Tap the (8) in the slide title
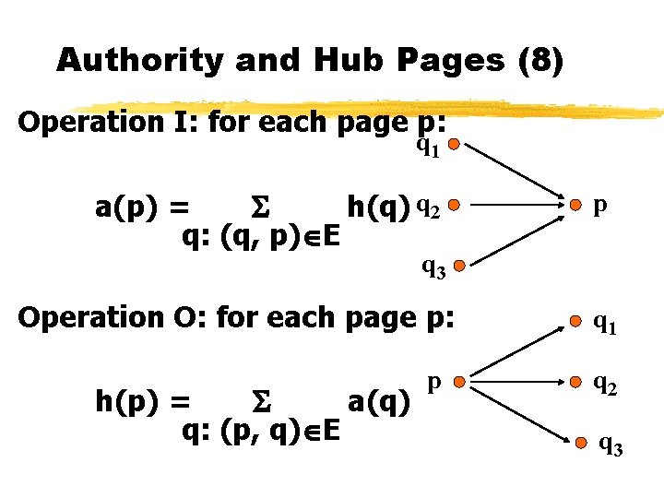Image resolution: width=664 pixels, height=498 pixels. pyautogui.click(x=541, y=61)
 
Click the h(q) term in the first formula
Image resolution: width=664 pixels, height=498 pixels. pyautogui.click(x=378, y=207)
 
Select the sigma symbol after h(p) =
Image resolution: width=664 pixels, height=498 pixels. pyautogui.click(x=259, y=403)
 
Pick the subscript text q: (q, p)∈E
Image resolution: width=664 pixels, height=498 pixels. pyautogui.click(x=261, y=237)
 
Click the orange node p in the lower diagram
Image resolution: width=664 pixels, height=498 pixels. pyautogui.click(x=458, y=381)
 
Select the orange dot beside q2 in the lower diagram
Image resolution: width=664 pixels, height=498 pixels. pyautogui.click(x=575, y=381)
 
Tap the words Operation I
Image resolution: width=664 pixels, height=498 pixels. pyautogui.click(x=109, y=123)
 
